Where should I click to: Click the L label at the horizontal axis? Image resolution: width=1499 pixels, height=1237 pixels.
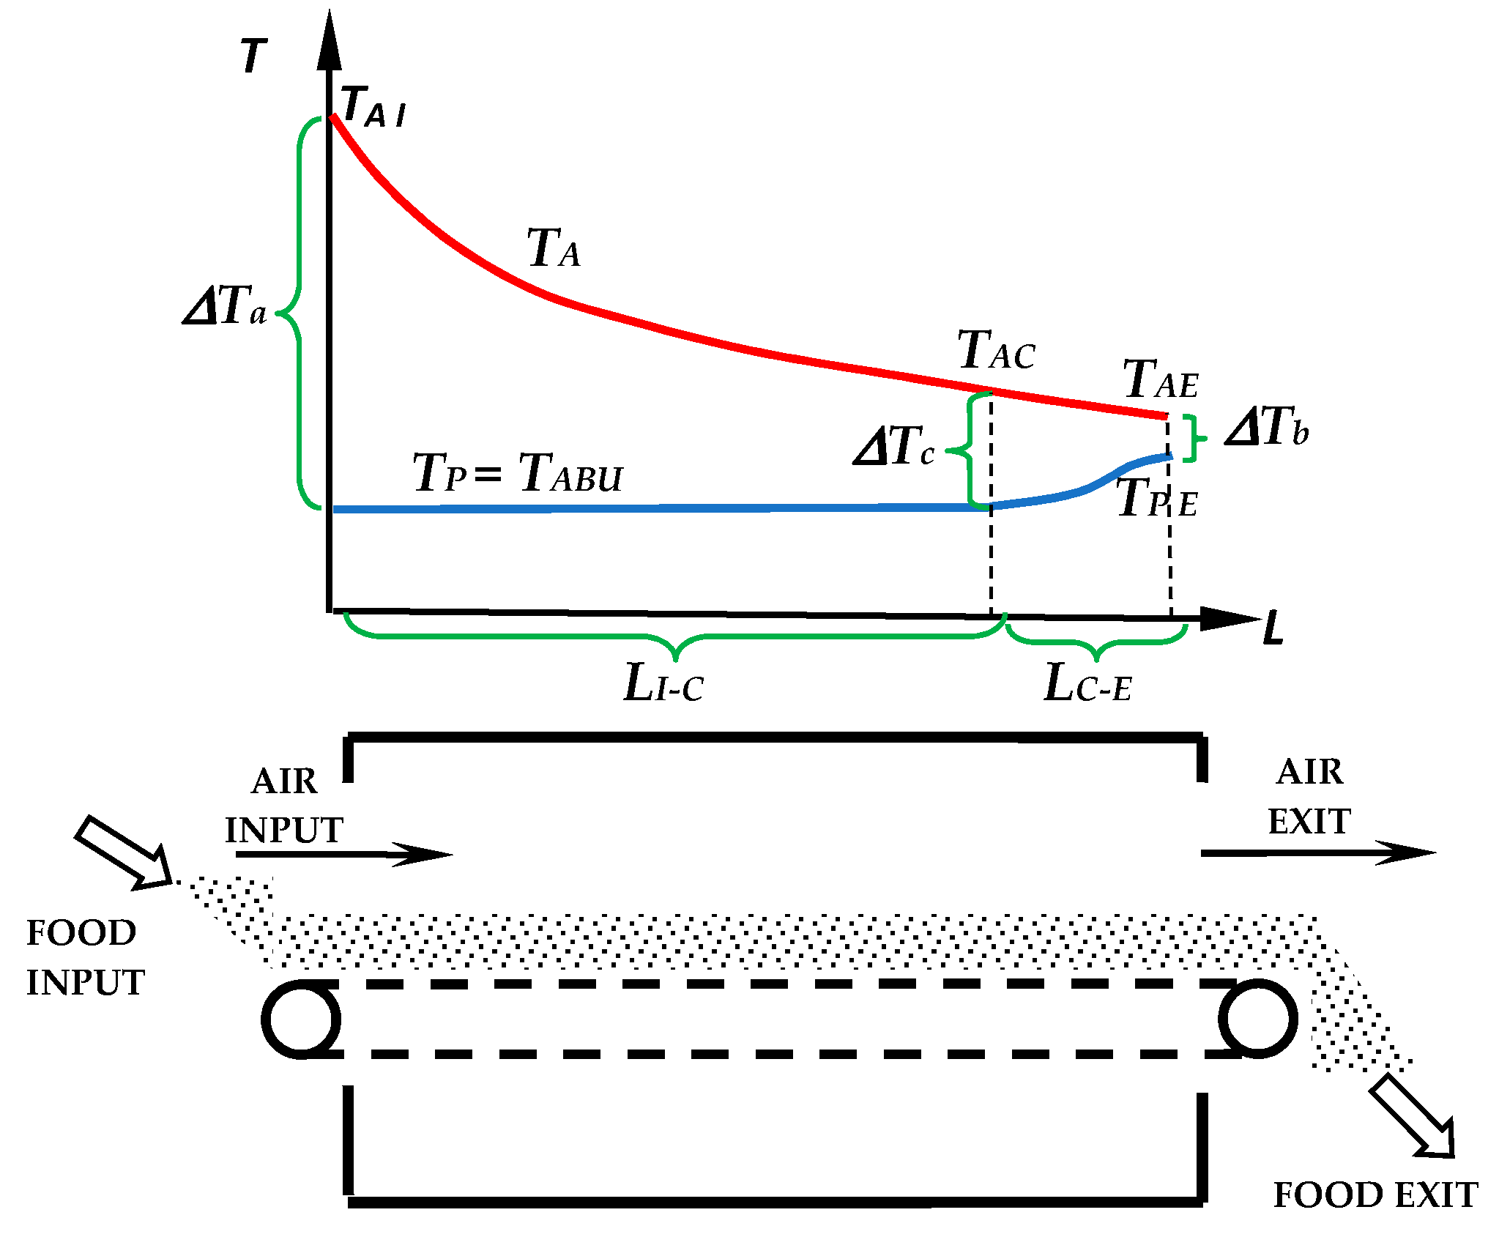(1273, 628)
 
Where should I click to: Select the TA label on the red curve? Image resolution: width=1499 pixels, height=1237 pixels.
(554, 248)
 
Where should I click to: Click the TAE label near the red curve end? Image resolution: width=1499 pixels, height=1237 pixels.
(1161, 379)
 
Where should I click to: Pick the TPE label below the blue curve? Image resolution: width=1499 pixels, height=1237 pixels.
(1157, 498)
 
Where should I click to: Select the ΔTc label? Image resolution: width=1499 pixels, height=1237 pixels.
(894, 446)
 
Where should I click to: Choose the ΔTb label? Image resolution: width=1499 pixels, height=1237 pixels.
(1267, 426)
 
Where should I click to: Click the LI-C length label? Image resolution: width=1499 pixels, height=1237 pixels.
(663, 683)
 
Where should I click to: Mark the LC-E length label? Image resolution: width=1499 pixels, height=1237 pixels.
(1088, 683)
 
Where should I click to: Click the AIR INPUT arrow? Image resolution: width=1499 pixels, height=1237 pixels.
(344, 854)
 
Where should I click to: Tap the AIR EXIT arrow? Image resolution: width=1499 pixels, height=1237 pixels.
(1318, 852)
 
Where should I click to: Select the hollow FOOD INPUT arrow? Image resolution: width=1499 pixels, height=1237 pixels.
(123, 852)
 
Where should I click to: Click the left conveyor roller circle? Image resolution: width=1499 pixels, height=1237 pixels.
(301, 1019)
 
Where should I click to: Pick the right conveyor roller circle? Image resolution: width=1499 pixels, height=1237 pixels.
(1258, 1019)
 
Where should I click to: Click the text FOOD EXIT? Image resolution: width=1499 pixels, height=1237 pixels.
(1375, 1195)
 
